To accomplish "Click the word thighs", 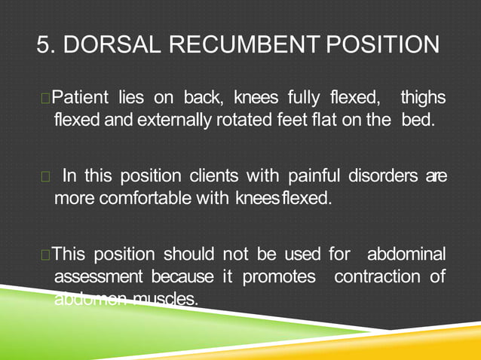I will click(x=423, y=98).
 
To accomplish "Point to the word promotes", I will click(x=279, y=278).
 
